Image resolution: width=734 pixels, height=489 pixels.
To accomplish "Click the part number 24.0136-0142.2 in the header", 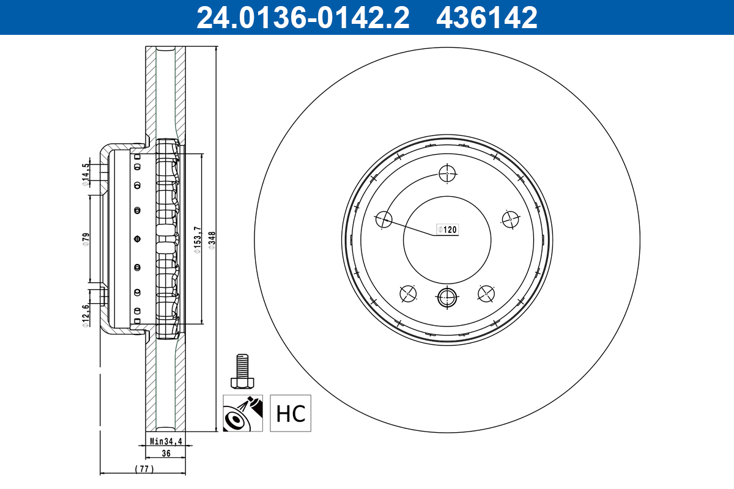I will (x=302, y=18).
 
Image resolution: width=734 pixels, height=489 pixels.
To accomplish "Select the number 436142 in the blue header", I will (x=486, y=18).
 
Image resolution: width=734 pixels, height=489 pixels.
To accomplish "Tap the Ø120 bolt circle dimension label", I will (x=447, y=230).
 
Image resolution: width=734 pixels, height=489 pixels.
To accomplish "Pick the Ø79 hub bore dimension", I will (x=86, y=239).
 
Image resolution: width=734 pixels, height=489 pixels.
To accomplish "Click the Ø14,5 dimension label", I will (x=86, y=173).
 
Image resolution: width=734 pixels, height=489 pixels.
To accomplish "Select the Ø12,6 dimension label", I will (x=86, y=315).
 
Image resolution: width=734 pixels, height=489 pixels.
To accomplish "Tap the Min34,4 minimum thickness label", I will (x=166, y=440).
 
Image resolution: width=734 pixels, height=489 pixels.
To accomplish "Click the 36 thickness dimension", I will (x=165, y=454).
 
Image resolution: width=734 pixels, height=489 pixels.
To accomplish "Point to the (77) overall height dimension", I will (x=144, y=469).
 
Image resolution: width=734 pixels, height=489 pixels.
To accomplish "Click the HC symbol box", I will (x=291, y=413).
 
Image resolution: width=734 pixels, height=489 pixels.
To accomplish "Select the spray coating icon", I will (x=242, y=413).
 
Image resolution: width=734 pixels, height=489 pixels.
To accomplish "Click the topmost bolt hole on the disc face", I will (x=448, y=174).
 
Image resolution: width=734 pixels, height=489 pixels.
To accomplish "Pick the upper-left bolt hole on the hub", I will (x=384, y=219).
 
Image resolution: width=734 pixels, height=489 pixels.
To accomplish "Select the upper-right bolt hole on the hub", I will (x=510, y=219).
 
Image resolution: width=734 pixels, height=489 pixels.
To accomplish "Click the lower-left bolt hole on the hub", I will (x=408, y=294).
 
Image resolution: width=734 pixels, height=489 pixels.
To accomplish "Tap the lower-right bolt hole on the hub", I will (x=486, y=294).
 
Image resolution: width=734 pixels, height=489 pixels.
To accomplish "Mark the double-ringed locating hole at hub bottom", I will (x=447, y=298).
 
